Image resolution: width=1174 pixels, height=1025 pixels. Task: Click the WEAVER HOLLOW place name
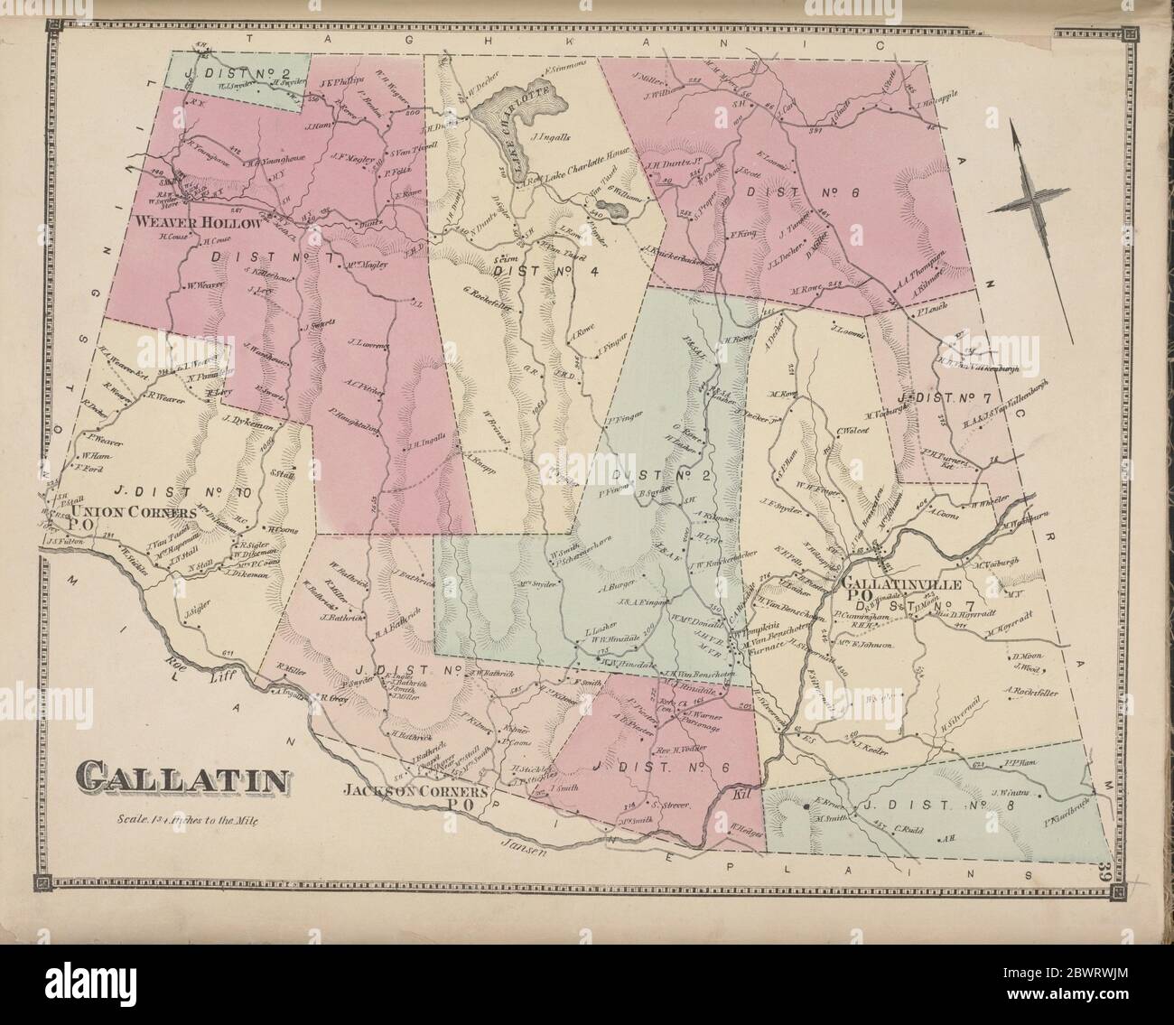[x=199, y=221]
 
